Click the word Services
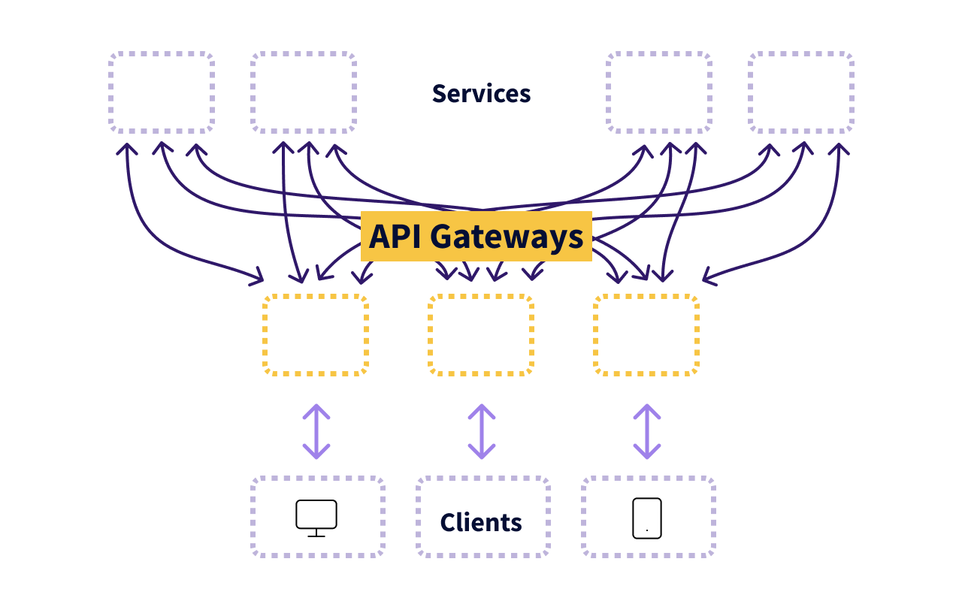point(481,94)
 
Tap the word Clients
point(481,522)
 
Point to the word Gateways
point(507,237)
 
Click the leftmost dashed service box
point(162,92)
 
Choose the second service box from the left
point(304,92)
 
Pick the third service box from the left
point(659,92)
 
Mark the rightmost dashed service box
point(801,92)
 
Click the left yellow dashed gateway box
point(316,335)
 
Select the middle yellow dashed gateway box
point(481,335)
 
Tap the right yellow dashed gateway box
point(646,335)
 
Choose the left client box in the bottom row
point(318,517)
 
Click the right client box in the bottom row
point(649,517)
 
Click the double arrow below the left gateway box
point(316,431)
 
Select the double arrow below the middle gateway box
point(482,431)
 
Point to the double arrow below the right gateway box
point(647,431)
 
